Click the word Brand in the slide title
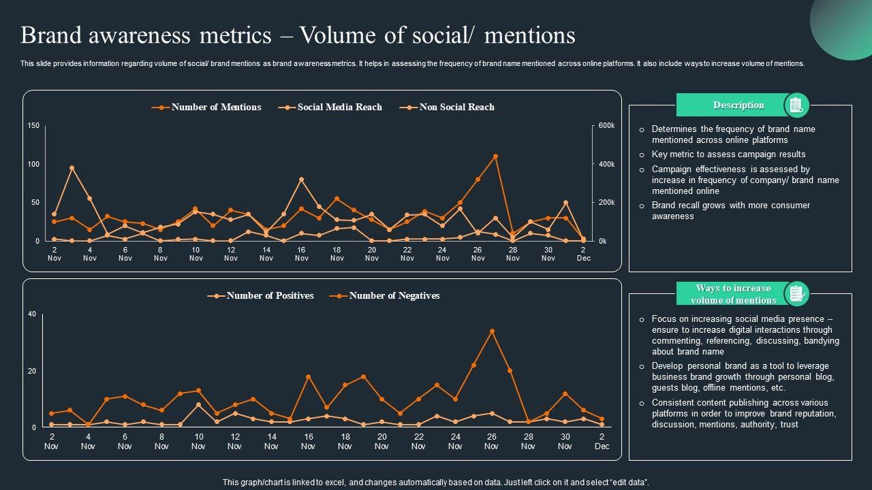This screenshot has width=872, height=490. tap(52, 35)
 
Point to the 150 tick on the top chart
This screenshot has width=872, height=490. tap(33, 126)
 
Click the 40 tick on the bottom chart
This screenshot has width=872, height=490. tap(32, 314)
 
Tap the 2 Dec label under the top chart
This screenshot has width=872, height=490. tap(583, 254)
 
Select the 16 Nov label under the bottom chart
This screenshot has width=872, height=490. tap(308, 442)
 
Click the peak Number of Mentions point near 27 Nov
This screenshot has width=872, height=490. tap(495, 157)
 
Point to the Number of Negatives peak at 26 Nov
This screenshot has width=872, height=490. tap(492, 331)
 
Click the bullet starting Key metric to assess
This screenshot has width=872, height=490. tap(719, 154)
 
